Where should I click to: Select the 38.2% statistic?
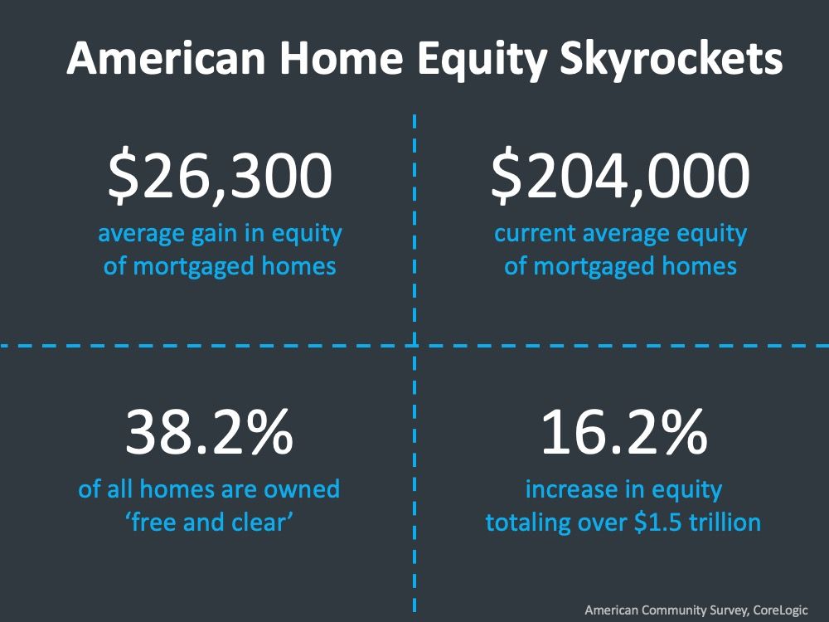click(x=210, y=432)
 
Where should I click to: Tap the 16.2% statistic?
click(x=624, y=432)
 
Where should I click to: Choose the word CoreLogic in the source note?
click(x=781, y=610)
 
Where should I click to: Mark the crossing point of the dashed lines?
click(x=414, y=346)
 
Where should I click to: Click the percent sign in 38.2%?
click(x=269, y=432)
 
